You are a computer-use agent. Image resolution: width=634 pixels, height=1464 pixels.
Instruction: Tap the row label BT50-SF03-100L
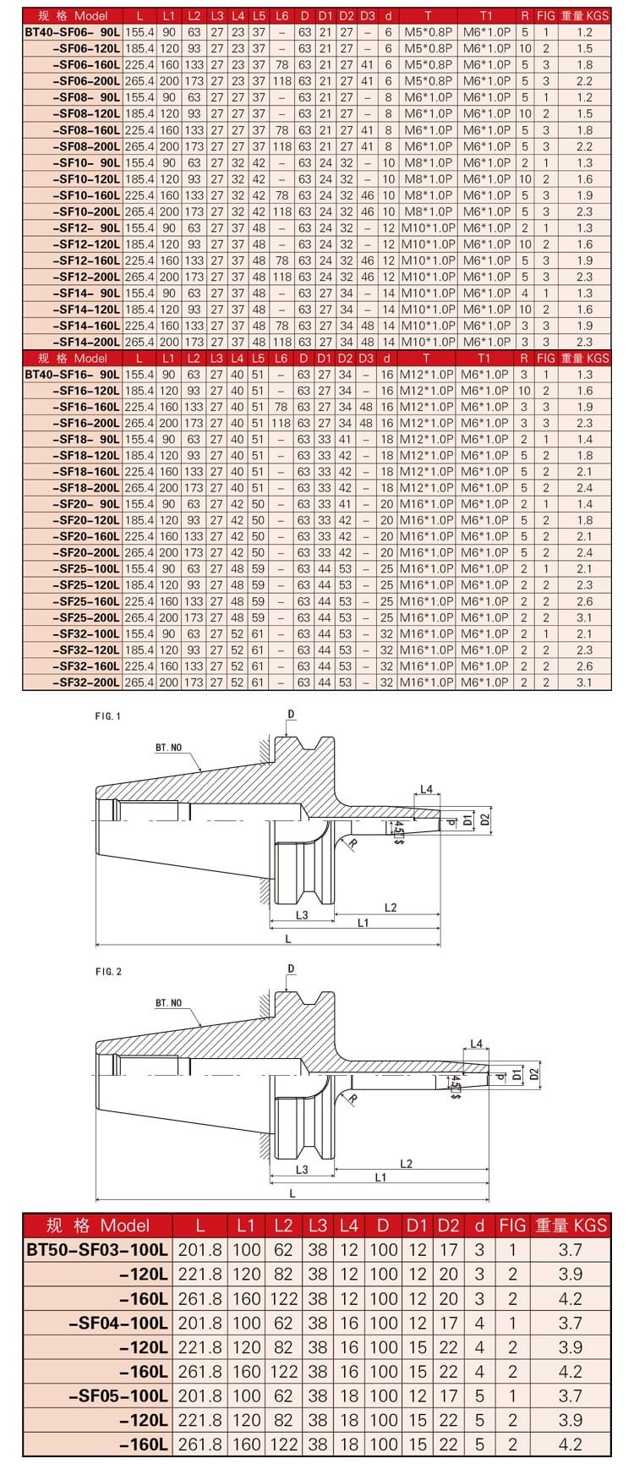pyautogui.click(x=98, y=1250)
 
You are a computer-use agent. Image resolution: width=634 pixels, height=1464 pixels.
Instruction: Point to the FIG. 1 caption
pyautogui.click(x=108, y=716)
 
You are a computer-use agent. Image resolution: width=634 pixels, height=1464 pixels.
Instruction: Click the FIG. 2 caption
pyautogui.click(x=108, y=972)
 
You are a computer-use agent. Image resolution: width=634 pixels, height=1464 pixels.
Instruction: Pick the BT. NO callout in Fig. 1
pyautogui.click(x=168, y=748)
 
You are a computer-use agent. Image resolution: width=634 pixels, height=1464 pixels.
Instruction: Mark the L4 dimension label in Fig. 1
pyautogui.click(x=426, y=790)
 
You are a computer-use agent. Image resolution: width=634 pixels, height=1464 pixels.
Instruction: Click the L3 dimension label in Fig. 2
pyautogui.click(x=302, y=1170)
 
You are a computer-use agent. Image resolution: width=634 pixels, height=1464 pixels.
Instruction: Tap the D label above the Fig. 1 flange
pyautogui.click(x=291, y=715)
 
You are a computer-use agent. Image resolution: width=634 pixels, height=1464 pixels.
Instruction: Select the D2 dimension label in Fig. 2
pyautogui.click(x=533, y=1073)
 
